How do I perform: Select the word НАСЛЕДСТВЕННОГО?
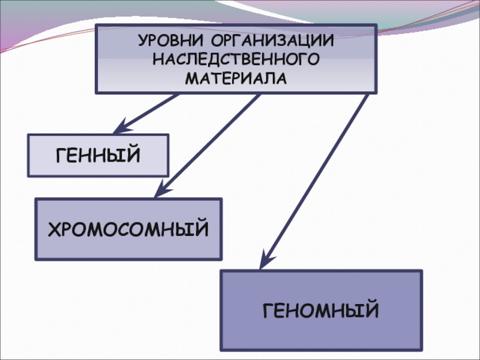coord(236,60)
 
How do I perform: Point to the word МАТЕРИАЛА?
coord(236,77)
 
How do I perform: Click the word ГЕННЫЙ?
coord(98,155)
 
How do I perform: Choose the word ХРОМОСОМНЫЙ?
coord(128,229)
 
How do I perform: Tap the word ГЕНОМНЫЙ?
coord(321,311)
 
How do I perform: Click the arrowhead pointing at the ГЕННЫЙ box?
coord(121,127)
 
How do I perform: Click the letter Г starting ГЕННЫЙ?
coord(61,155)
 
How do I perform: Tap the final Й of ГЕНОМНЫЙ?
coord(372,310)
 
